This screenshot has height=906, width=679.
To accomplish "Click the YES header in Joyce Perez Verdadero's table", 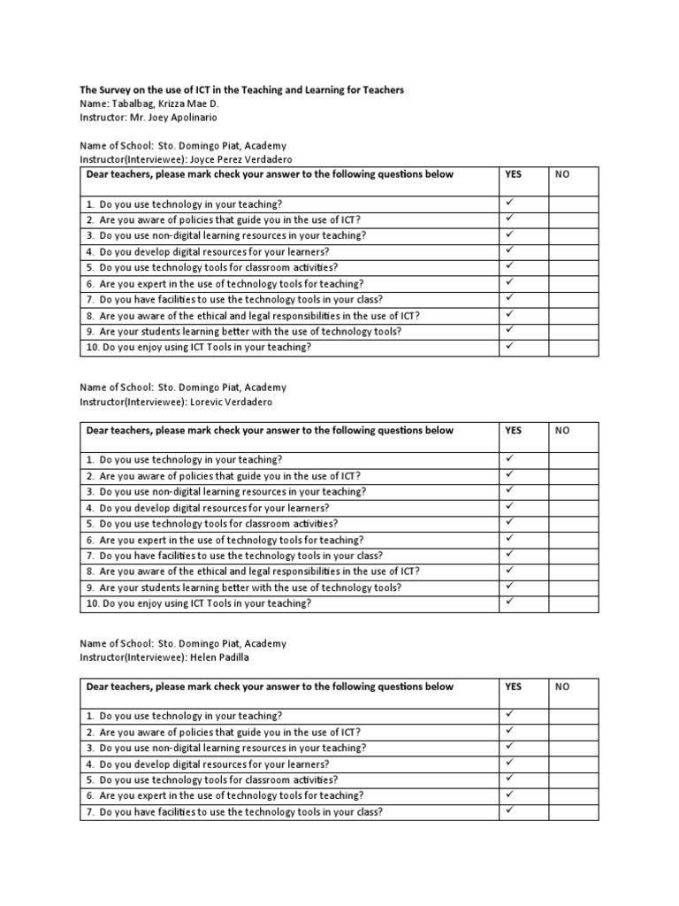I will click(x=513, y=174).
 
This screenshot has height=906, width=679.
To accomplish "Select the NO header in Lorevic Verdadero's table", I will click(x=561, y=431).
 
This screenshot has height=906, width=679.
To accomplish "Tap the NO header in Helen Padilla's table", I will click(x=561, y=687).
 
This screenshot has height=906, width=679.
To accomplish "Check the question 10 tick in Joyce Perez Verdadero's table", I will click(x=509, y=346).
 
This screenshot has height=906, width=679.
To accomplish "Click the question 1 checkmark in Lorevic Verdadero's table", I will click(x=509, y=458).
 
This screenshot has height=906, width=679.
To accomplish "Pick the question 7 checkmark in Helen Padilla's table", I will click(x=509, y=810).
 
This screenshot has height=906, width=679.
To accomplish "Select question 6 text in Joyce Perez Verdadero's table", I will click(x=225, y=284).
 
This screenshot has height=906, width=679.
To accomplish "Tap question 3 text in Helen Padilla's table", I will click(x=225, y=748).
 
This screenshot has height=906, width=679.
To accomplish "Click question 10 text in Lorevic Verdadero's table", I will click(x=199, y=603).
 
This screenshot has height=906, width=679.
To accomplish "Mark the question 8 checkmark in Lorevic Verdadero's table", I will click(x=509, y=570).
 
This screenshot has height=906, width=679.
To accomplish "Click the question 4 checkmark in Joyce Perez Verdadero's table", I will click(x=509, y=250).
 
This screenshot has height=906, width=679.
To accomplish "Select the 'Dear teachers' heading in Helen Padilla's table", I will click(x=270, y=687).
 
